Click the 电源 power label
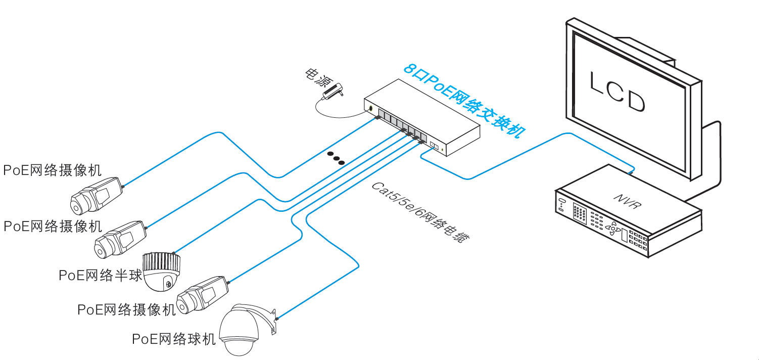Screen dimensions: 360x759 click(316, 77)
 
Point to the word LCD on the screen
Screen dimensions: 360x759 click(618, 91)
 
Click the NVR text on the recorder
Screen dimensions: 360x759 click(628, 200)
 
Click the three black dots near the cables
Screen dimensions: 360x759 click(335, 158)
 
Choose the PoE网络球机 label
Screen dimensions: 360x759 click(173, 339)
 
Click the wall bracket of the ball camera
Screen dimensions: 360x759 click(273, 321)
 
